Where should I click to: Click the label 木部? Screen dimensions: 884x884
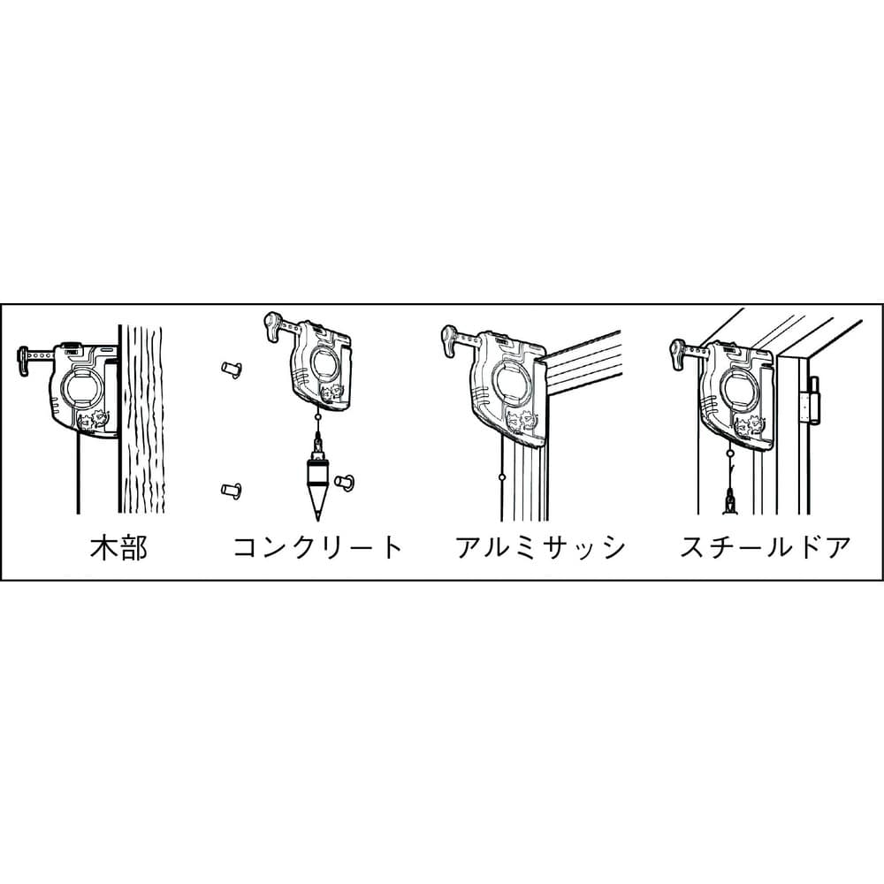pos(119,547)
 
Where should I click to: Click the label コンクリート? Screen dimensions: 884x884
pos(318,547)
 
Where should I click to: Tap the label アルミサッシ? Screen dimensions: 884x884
pos(541,547)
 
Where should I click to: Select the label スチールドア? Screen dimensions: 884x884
pos(765,547)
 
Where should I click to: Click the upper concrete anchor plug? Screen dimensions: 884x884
pos(232,370)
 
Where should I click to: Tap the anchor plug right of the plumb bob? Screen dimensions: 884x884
pos(345,482)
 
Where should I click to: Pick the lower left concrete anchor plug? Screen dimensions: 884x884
pos(232,490)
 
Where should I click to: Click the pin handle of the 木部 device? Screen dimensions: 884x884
pos(24,361)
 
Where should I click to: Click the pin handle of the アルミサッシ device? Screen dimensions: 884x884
pos(449,340)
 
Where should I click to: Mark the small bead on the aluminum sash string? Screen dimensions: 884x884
pos(502,477)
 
